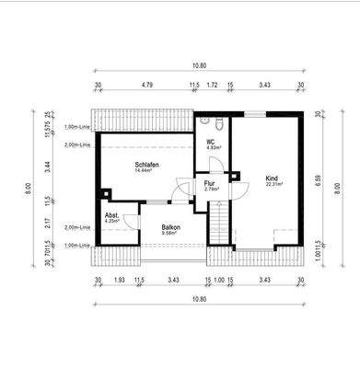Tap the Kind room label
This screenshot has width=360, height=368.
coord(272,178)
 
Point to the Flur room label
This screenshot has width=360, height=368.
coord(210,183)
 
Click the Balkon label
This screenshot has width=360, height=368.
coord(170,227)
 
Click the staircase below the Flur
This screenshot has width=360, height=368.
coord(220,222)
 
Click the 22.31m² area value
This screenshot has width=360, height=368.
coord(273,184)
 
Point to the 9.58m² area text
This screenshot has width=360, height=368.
coord(170,234)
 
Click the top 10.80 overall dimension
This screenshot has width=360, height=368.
coord(198,66)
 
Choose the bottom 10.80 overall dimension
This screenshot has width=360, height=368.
coord(198,300)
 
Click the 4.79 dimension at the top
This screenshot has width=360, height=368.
coord(146,85)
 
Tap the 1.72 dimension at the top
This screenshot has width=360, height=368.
coord(213,85)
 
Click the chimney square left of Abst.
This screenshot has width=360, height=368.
coord(107,193)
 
